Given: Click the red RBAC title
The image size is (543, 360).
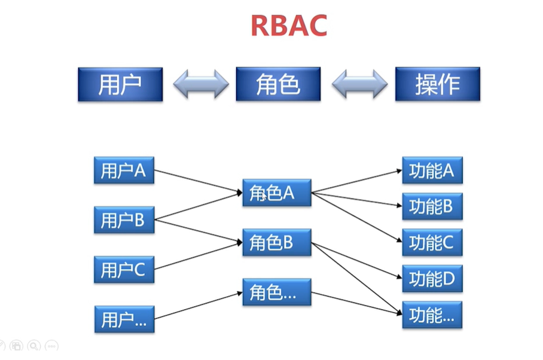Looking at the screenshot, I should (288, 26).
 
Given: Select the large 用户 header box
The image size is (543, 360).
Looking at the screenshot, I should (120, 84).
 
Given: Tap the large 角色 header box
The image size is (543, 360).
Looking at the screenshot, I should (278, 84).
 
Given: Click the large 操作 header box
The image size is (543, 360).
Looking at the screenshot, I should (437, 84).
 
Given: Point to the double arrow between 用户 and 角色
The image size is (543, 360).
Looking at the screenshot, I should (201, 84).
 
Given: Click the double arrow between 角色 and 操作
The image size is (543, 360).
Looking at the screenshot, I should (359, 84).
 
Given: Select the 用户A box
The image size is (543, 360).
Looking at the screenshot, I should (124, 170).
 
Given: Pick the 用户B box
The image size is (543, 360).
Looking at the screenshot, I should (124, 220).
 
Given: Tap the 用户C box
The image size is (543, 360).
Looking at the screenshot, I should (124, 270).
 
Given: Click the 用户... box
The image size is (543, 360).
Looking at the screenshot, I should (124, 319).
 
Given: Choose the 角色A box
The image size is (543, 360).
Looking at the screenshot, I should (276, 193).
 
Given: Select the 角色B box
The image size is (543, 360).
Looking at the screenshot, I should (276, 242).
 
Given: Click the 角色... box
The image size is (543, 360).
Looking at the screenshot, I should (276, 292).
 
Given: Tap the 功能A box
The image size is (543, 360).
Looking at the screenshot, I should (432, 171).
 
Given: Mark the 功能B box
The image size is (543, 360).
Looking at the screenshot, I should (432, 207).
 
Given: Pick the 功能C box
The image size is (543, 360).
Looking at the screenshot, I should (432, 242).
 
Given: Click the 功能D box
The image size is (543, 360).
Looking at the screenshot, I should (432, 278).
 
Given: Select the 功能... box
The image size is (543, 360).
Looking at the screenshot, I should (432, 315).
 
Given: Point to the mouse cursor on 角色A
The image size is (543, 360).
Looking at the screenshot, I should (264, 196).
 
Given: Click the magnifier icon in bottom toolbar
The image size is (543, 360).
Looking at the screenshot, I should (34, 346).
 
